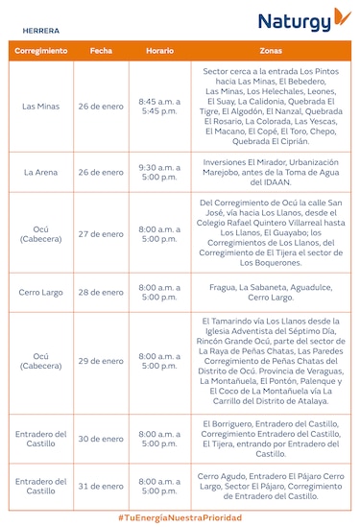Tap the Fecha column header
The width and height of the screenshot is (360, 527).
click(x=101, y=50)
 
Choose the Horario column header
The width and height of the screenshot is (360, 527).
click(x=159, y=50)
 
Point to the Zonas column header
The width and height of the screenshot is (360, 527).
click(x=271, y=50)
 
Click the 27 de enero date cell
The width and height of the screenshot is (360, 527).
click(x=101, y=233)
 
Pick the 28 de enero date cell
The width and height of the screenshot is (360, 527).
click(x=101, y=292)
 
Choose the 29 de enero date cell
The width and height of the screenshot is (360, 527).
click(x=101, y=361)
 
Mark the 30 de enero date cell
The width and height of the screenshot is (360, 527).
click(x=101, y=439)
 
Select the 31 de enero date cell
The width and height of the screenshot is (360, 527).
click(x=101, y=486)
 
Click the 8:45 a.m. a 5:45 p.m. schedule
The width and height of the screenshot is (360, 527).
click(x=159, y=106)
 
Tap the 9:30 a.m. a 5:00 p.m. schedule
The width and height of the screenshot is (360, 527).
click(x=159, y=172)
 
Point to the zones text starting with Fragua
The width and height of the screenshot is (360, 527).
click(x=271, y=292)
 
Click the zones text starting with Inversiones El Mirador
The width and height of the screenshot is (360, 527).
click(x=271, y=172)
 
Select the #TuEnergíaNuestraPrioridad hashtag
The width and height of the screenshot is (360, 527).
click(x=180, y=517)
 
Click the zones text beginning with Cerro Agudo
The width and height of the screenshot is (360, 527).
click(x=271, y=486)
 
